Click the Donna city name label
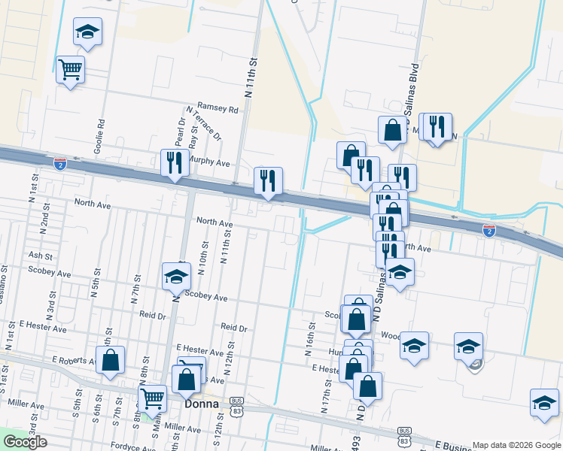202,404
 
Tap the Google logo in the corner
26,442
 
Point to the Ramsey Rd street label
218,109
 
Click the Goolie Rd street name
99,135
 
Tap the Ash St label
38,256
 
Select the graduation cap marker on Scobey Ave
176,277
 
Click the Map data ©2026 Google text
516,445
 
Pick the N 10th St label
203,256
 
